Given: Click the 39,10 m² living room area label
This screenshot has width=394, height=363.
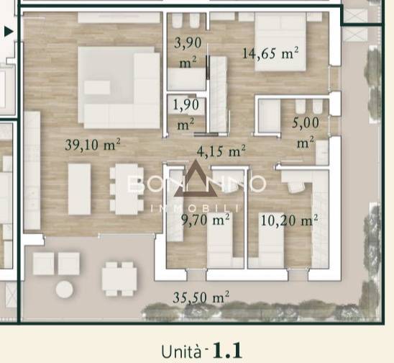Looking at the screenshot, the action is [x=93, y=145].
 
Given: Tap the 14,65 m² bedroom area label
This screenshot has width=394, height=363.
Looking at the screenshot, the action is [x=270, y=53].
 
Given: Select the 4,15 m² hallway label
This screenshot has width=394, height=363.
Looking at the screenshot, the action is [x=221, y=151].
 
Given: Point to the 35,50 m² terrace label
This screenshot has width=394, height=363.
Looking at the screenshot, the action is [x=201, y=297].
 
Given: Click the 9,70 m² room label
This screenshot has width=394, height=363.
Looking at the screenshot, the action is [x=206, y=220].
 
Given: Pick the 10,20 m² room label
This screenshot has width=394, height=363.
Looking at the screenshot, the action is [x=289, y=220].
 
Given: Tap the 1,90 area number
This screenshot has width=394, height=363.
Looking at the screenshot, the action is [x=186, y=104].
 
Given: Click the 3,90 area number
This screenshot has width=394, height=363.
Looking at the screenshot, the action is [x=188, y=42].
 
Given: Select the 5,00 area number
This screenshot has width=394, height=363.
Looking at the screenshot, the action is [x=306, y=123].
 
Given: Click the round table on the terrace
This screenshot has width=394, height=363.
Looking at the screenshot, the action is [x=65, y=290].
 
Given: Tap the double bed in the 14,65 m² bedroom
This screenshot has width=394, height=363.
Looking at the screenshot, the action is [x=280, y=42].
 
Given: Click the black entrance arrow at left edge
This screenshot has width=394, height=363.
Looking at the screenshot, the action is [x=9, y=32].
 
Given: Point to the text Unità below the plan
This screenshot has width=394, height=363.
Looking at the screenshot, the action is [x=181, y=351].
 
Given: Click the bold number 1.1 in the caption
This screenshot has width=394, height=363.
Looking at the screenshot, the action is [x=228, y=350].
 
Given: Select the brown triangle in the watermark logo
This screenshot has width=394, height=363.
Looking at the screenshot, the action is [x=196, y=179].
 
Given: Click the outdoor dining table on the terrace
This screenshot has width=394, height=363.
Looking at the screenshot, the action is [x=119, y=279].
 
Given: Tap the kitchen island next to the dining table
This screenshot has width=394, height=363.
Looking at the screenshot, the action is [x=79, y=189].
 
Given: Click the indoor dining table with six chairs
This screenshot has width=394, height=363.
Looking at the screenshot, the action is [x=127, y=189].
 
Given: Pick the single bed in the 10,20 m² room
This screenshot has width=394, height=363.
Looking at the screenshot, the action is [x=272, y=241].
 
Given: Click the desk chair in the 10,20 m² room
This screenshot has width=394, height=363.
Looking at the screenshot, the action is [x=296, y=187].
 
